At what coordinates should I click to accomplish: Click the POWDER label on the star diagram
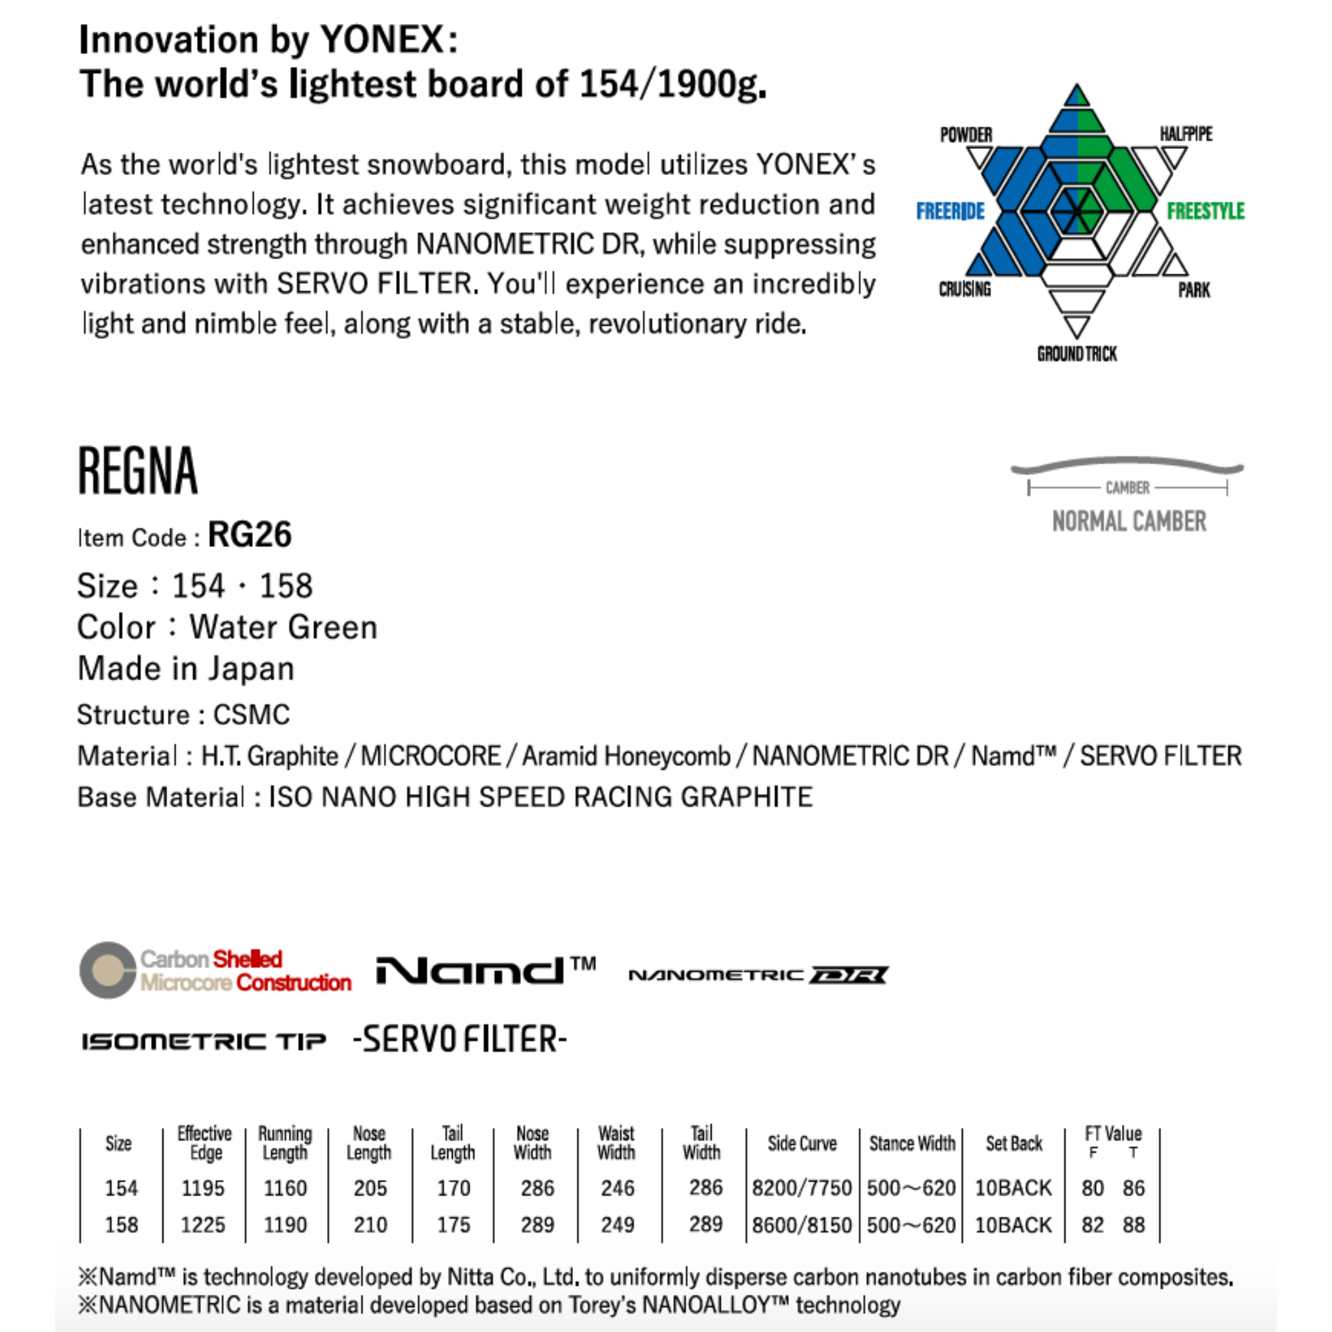(966, 135)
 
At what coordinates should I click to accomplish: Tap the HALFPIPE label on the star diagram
(1185, 134)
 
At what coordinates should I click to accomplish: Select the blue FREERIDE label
(950, 211)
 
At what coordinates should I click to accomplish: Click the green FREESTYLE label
(1205, 211)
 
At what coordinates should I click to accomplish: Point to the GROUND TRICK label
(1076, 354)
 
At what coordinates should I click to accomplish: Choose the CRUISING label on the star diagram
(965, 289)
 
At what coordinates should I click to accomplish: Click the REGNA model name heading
(138, 472)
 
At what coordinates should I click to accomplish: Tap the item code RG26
(250, 535)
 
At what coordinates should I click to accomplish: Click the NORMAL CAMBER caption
(1128, 522)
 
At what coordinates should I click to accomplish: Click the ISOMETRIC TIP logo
(204, 1041)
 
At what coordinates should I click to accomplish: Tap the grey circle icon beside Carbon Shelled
(107, 970)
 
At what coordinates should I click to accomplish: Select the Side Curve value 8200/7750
(802, 1188)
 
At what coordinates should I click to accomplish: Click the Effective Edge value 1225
(203, 1225)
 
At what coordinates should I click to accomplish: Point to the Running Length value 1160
(286, 1188)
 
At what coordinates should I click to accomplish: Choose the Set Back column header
(1013, 1144)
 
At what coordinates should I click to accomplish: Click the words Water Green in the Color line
(284, 628)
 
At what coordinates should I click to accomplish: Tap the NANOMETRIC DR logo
(758, 975)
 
